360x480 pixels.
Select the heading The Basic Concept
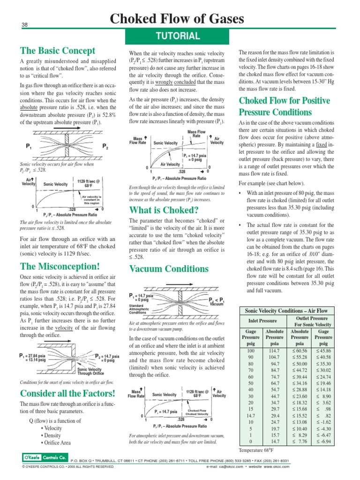pyautogui.click(x=57, y=51)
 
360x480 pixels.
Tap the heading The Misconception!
pyautogui.click(x=60, y=267)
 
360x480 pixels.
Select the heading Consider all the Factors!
pyautogui.click(x=67, y=392)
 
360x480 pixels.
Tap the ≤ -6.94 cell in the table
pyautogui.click(x=323, y=442)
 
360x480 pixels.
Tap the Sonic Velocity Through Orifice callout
pyautogui.click(x=90, y=372)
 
